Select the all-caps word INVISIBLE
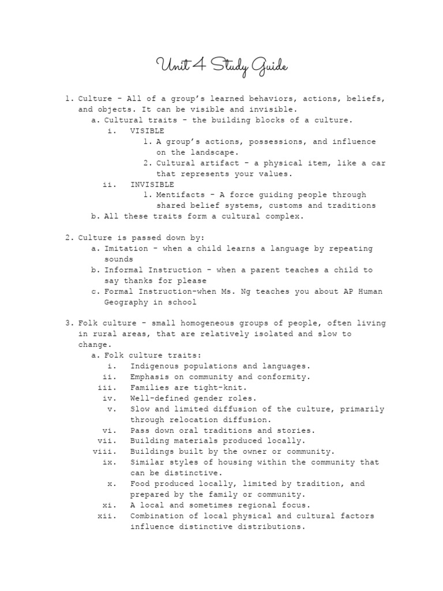tap(152, 184)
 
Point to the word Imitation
tap(126, 248)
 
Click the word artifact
tap(222, 163)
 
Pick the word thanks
tap(137, 280)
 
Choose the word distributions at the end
tap(272, 526)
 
